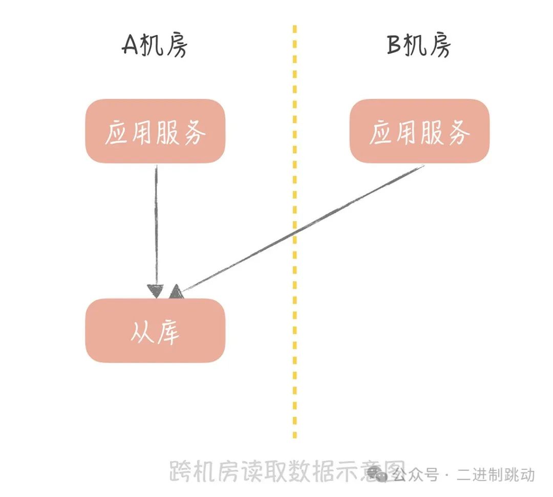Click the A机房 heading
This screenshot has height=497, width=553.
155,45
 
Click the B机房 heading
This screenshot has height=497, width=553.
419,45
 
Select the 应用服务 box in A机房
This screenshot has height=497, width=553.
155,131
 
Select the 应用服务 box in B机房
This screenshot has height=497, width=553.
419,131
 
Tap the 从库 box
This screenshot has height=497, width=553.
155,330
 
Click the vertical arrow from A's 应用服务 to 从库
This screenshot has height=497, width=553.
156,231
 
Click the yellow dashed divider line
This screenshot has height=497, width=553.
295,231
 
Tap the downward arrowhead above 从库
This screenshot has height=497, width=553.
156,291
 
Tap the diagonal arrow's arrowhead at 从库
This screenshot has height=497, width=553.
176,292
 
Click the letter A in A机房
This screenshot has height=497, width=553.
130,45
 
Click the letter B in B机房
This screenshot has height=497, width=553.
394,45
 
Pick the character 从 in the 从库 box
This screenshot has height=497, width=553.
142,332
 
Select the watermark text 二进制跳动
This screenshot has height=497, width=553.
496,474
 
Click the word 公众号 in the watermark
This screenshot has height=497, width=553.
415,474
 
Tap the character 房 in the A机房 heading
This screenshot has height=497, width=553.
176,45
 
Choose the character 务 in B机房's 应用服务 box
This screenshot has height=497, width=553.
459,132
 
